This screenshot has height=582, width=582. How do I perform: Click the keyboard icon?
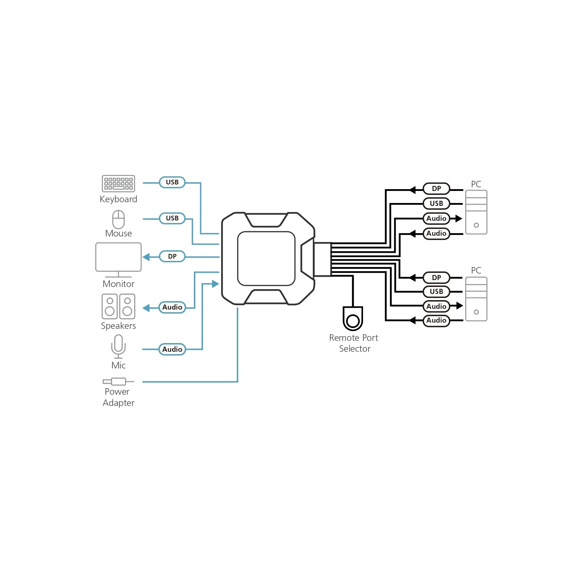(118, 183)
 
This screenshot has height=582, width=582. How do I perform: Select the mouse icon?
(118, 219)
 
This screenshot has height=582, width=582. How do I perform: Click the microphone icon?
(118, 346)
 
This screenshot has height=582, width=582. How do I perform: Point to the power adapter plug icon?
(118, 382)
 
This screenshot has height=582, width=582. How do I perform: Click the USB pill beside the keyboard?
(172, 182)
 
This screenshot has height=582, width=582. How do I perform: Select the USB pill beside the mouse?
(172, 218)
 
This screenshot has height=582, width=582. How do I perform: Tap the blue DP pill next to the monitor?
(172, 256)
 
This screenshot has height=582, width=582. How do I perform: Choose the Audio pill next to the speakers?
(172, 307)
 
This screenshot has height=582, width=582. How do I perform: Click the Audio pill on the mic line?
(172, 349)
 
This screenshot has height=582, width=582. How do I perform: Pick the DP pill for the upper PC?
(436, 188)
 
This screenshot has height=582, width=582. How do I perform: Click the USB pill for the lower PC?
(436, 291)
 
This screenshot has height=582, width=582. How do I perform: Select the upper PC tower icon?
(476, 212)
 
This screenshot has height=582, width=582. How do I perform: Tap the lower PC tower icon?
(476, 299)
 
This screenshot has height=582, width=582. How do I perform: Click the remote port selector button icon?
(353, 318)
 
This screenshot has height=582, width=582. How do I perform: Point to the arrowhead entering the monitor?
(146, 257)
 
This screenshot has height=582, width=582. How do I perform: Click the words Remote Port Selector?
(354, 343)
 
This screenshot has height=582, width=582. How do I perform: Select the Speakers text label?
(118, 326)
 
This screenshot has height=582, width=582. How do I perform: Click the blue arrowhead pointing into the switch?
(215, 284)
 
